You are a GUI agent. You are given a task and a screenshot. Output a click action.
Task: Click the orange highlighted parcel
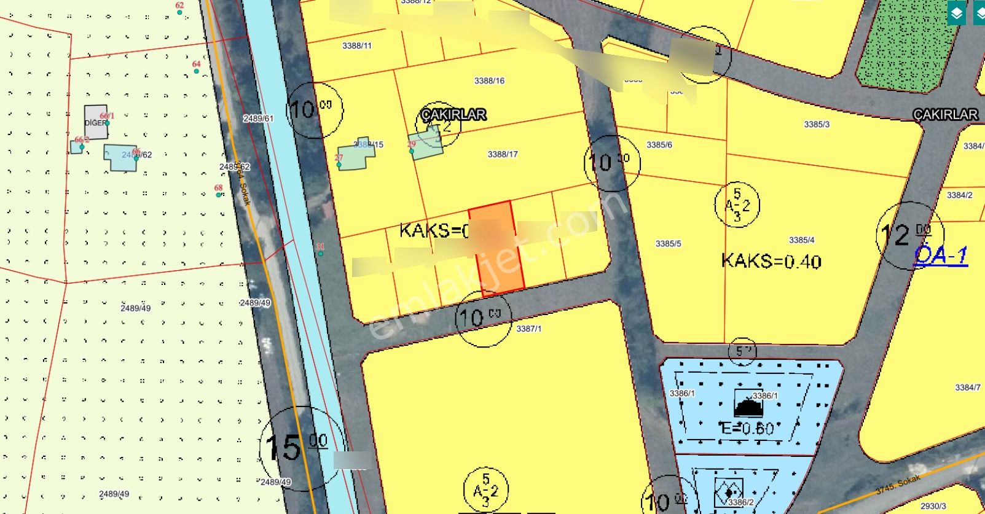[496, 249]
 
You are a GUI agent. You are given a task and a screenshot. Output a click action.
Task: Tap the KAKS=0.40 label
[771, 261]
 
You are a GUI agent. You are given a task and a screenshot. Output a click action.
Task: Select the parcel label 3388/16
[489, 80]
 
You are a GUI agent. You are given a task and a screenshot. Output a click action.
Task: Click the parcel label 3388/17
[502, 154]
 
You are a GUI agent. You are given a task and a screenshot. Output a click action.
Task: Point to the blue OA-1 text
[940, 255]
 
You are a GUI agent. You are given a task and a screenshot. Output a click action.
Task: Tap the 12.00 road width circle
[909, 235]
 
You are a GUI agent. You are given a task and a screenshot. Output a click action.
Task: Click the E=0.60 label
[747, 428]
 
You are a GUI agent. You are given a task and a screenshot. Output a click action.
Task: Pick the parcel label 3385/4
[801, 240]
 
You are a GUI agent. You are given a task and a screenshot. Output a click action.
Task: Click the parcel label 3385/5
[668, 244]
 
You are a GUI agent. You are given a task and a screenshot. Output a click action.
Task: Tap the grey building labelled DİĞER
[95, 122]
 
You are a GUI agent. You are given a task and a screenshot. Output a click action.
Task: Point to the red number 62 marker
[179, 6]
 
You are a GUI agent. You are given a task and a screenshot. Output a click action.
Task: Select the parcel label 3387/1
[528, 329]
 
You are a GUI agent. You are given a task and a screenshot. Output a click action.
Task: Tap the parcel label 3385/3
[817, 125]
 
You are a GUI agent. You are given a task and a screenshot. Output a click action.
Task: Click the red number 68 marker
[218, 189]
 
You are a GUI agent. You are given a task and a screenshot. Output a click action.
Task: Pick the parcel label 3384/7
[967, 387]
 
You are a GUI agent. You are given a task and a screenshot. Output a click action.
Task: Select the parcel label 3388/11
[356, 45]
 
